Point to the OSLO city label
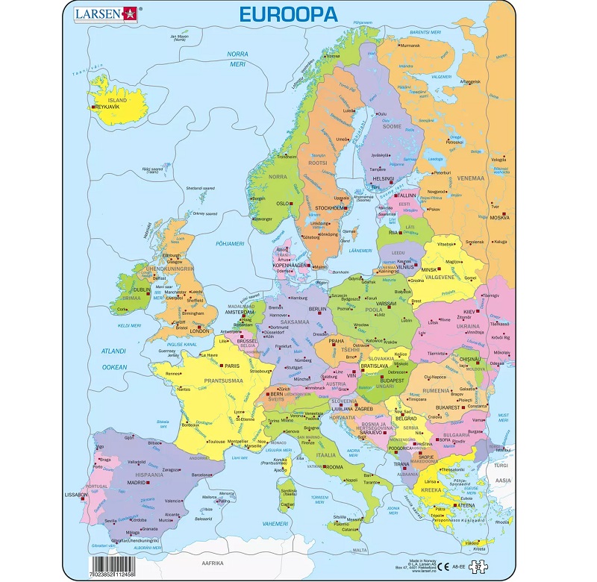pos(282,203)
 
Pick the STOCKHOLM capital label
pos(328,208)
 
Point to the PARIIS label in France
pos(232,366)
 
